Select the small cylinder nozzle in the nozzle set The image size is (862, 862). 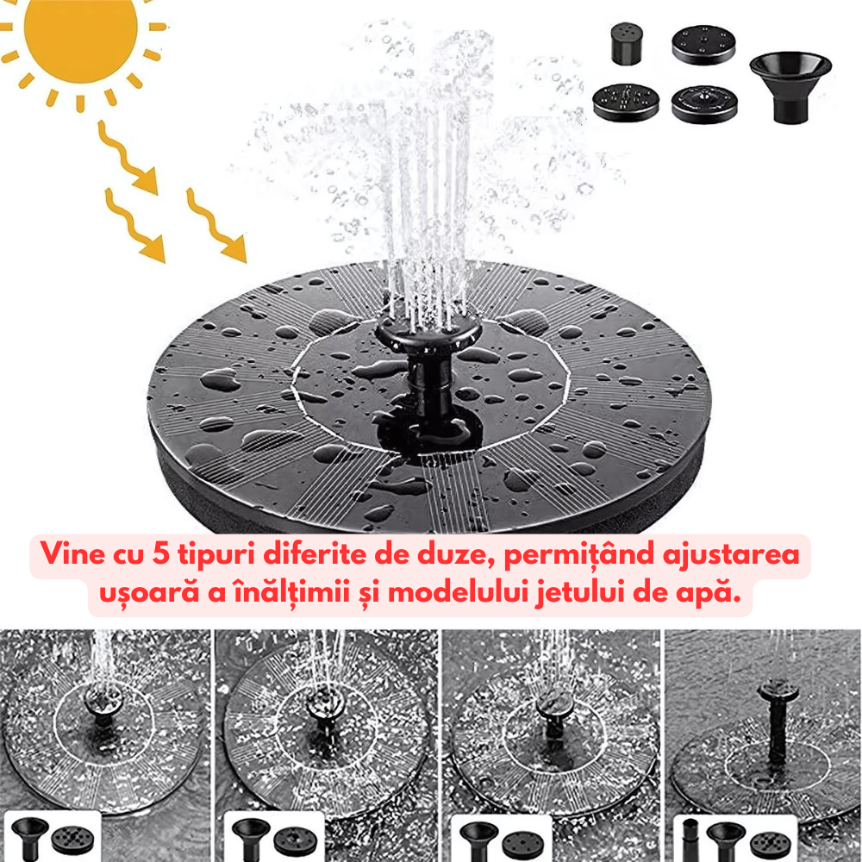pos(627,43)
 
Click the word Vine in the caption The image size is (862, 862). pos(72,553)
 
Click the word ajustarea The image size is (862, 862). pos(731,555)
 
